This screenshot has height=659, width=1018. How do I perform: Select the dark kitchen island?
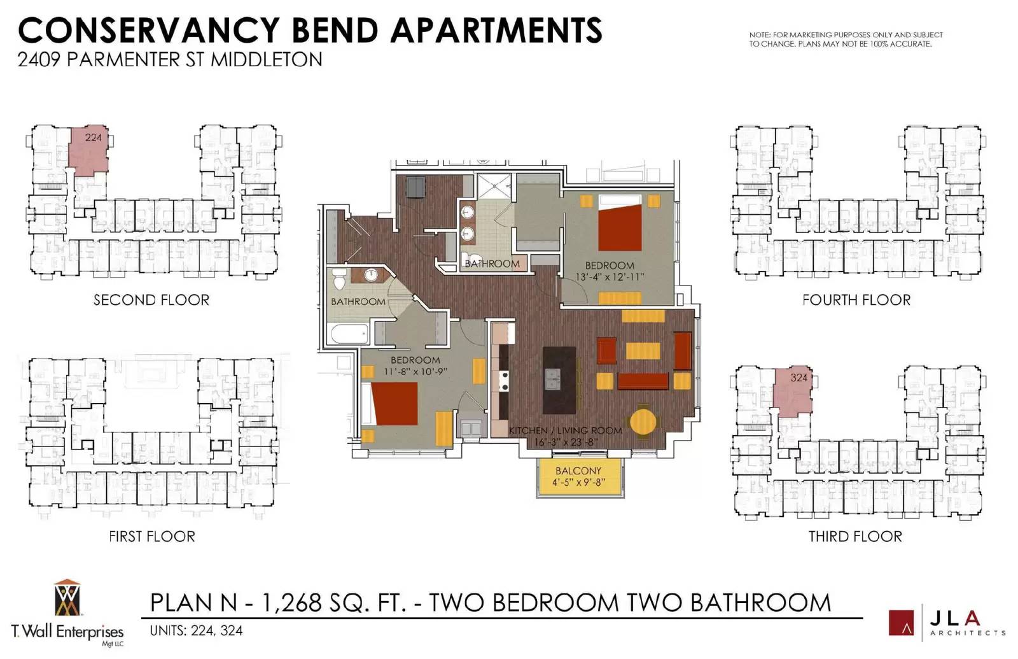pos(559,380)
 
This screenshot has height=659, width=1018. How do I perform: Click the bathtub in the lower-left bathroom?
pos(349,334)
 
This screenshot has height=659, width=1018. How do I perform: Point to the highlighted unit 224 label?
pos(94,138)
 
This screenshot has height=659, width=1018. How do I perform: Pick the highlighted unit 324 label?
pos(799,378)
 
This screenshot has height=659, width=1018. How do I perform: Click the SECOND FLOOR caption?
pos(151,300)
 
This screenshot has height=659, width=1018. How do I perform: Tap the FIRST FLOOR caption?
pos(152,537)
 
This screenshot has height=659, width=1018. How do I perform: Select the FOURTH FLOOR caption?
pos(856,300)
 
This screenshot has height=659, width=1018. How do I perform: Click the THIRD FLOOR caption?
pos(855,537)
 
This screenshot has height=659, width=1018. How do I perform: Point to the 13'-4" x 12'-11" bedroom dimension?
pos(610,277)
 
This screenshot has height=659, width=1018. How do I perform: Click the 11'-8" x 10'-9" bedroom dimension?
pos(415,372)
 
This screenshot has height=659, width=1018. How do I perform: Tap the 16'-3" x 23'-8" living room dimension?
pos(566,442)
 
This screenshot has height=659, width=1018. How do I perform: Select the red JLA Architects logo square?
pos(901,623)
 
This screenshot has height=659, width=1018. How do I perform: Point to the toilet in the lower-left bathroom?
pos(339,279)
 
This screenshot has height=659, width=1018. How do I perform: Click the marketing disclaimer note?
pos(846,39)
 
